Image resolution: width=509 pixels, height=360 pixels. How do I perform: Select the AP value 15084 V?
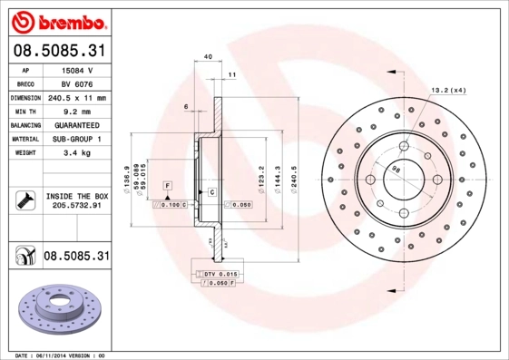tap(76, 69)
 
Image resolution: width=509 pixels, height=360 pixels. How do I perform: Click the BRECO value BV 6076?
tap(76, 83)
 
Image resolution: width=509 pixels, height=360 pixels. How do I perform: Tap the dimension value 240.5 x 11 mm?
tap(76, 97)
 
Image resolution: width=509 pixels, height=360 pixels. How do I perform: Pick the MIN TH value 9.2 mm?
tap(76, 111)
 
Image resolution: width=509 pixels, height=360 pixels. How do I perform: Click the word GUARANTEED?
tap(76, 125)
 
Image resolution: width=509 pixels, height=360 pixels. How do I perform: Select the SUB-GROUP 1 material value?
tap(76, 139)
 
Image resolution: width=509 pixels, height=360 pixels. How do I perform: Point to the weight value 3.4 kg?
tap(76, 153)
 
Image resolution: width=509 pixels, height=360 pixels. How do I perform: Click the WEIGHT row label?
tap(24, 153)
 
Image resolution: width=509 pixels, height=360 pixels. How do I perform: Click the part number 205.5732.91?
tap(76, 206)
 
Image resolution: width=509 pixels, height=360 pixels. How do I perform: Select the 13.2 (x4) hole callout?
tap(447, 90)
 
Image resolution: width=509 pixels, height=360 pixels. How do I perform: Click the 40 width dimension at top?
tap(209, 57)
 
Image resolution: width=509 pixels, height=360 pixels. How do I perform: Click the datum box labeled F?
tap(168, 185)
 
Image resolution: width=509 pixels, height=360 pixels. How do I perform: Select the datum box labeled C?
tap(211, 192)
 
